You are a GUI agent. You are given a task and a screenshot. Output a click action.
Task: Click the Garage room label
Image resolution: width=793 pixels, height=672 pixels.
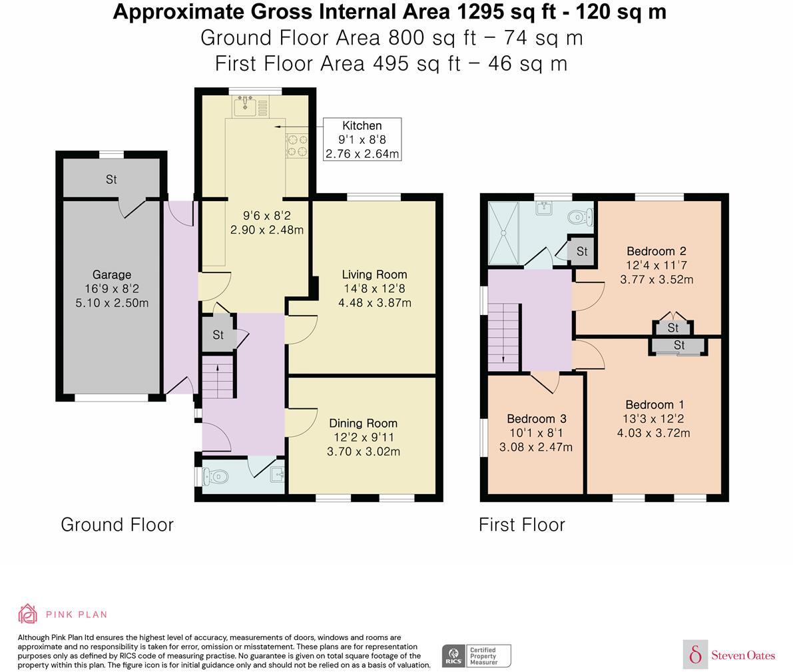[111, 274]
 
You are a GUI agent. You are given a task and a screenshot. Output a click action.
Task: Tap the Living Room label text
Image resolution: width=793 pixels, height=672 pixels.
[374, 274]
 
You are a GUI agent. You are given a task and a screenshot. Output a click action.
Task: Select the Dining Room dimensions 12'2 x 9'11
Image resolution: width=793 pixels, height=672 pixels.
[363, 438]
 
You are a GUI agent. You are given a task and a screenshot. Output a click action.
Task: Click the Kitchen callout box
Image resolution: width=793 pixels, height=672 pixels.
[362, 139]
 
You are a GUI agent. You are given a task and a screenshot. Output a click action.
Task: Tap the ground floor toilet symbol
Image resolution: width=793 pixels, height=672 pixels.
[216, 476]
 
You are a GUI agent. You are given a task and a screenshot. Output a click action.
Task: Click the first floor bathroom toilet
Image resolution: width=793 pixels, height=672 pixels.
[580, 216]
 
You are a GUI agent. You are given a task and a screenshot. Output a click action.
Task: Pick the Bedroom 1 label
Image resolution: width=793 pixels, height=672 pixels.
[654, 405]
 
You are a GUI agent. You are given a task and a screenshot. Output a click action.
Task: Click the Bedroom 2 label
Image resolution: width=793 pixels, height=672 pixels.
[656, 251]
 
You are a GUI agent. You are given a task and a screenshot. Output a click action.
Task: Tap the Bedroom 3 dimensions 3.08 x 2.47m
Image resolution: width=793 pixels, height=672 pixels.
[536, 447]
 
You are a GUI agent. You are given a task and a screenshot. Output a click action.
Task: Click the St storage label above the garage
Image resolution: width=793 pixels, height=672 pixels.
[111, 179]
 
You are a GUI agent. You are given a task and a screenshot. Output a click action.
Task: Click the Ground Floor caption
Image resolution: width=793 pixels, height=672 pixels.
[117, 525]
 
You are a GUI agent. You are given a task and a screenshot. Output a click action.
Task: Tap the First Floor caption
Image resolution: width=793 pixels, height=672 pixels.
[521, 525]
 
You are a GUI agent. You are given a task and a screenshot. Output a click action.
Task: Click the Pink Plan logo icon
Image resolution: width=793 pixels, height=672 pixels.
[27, 614]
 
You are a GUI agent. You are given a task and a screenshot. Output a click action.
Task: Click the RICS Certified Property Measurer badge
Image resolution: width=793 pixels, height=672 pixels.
[477, 655]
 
